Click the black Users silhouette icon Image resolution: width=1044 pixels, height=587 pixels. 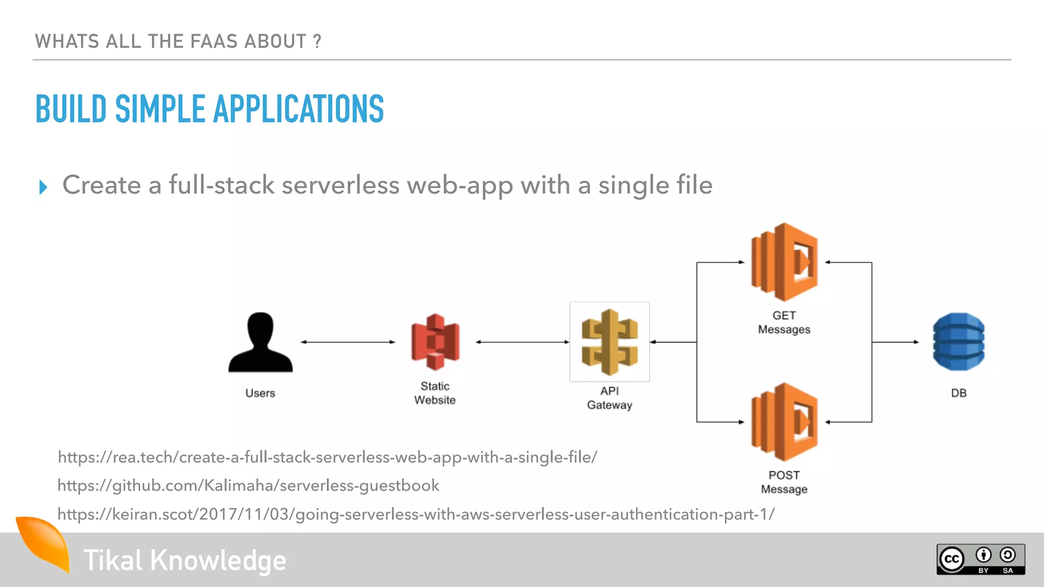[x=260, y=342]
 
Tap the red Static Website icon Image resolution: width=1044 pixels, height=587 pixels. [x=435, y=342]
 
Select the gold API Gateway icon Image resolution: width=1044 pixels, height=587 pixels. [x=610, y=342]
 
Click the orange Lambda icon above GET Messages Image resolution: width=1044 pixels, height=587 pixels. [x=785, y=262]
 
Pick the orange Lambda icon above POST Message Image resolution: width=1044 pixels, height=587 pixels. [x=785, y=422]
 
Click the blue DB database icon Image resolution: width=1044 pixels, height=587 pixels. [x=958, y=342]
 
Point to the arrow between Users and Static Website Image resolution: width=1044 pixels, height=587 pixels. [x=348, y=342]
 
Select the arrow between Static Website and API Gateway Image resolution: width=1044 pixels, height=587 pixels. [x=523, y=342]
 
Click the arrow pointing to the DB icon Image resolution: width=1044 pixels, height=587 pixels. [x=896, y=342]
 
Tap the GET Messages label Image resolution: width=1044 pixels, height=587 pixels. [x=784, y=323]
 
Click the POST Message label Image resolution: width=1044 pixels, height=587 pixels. [x=784, y=482]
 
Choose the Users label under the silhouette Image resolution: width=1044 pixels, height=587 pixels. [x=260, y=393]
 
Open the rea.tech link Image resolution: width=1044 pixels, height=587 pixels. [x=327, y=457]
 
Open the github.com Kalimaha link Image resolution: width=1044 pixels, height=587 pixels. [x=248, y=486]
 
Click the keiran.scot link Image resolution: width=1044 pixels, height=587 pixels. [x=415, y=514]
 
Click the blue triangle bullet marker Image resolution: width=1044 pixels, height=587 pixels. [x=43, y=187]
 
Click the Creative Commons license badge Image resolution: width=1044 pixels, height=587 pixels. [x=980, y=559]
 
